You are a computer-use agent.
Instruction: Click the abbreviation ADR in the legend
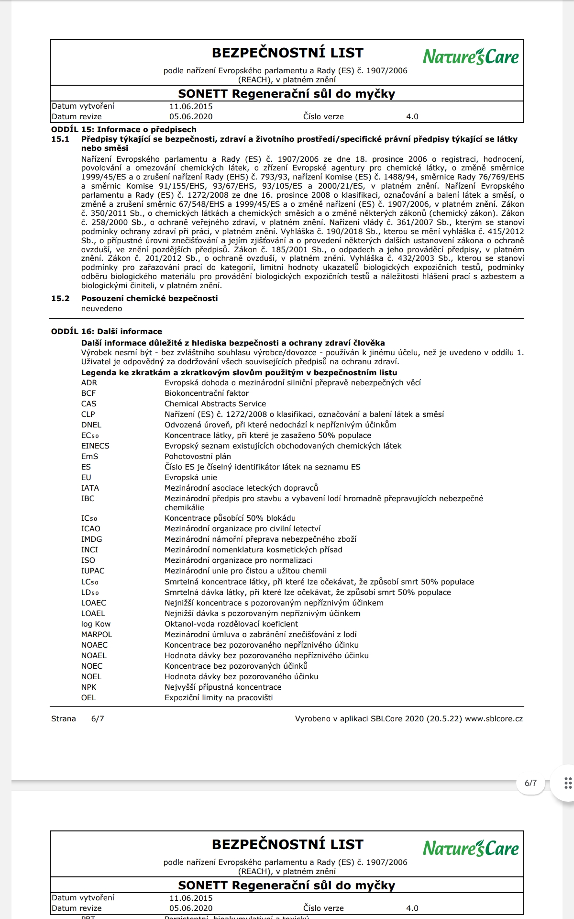(x=89, y=383)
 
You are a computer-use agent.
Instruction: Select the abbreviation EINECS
(x=95, y=446)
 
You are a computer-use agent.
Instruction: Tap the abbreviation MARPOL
(x=97, y=635)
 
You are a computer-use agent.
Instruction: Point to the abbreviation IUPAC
(x=93, y=571)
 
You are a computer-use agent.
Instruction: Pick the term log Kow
(x=96, y=624)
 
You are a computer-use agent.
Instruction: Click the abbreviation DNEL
(x=91, y=425)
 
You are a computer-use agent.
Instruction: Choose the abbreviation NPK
(x=89, y=687)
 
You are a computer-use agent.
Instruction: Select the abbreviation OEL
(x=88, y=698)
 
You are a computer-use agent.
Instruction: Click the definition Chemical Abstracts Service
(x=215, y=404)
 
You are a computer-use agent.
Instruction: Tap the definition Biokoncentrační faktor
(x=207, y=393)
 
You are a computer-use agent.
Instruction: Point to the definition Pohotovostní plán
(x=198, y=457)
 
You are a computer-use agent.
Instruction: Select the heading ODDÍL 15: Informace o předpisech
(x=124, y=130)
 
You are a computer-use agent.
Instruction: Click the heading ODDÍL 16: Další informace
(x=107, y=332)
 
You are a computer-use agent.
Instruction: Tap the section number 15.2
(x=60, y=299)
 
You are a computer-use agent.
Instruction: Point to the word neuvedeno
(x=101, y=309)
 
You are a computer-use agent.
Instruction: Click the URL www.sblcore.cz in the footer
(x=494, y=719)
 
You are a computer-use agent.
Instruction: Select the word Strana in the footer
(x=64, y=719)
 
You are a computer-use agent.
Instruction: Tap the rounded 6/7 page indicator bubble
(x=530, y=784)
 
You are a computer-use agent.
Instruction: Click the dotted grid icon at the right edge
(x=568, y=783)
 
